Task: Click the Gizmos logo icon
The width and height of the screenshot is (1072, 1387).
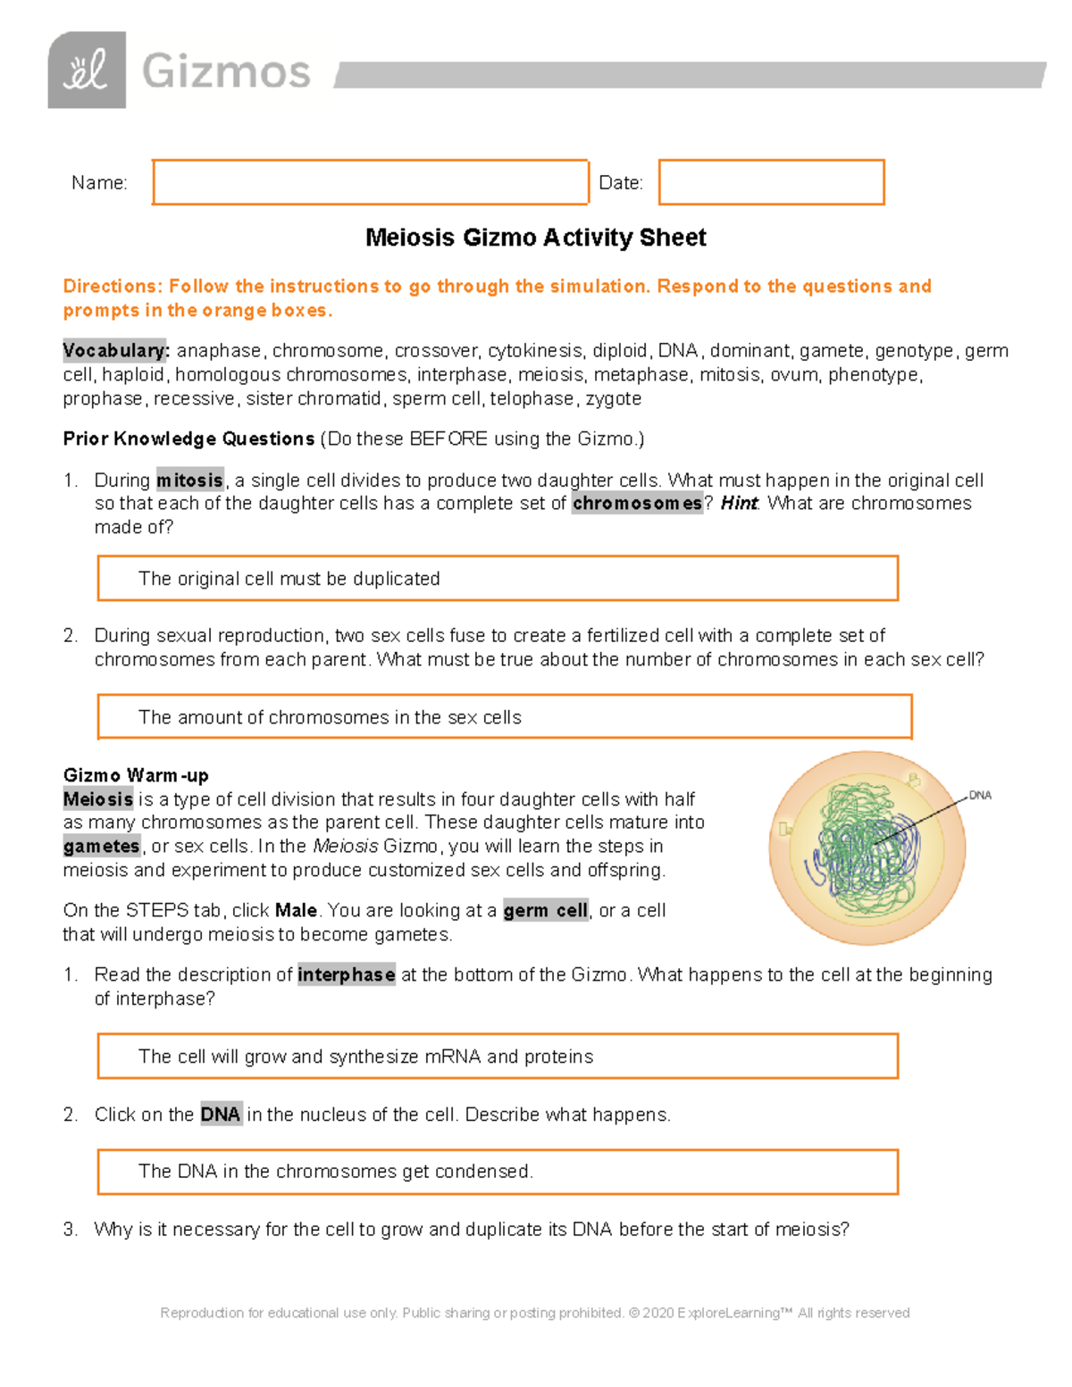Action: [87, 71]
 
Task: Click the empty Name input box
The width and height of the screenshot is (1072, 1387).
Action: [370, 182]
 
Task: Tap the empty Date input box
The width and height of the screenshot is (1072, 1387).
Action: [771, 182]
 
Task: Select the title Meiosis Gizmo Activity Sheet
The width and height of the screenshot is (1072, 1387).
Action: [535, 238]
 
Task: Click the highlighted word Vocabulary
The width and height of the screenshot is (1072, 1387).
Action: [115, 350]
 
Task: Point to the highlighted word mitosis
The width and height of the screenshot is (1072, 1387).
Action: [189, 480]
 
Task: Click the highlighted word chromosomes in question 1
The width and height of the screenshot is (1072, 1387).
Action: [637, 504]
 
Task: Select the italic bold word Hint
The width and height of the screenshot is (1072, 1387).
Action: [739, 504]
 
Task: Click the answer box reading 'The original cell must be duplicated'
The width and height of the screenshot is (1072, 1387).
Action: [497, 579]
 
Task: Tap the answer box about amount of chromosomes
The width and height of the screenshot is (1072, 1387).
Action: [504, 717]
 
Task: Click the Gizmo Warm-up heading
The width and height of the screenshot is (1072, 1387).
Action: [136, 775]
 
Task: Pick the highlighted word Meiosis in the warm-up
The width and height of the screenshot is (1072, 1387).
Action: [98, 799]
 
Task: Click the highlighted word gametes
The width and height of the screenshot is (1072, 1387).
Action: [102, 846]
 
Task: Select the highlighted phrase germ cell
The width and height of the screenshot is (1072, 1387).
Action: [545, 911]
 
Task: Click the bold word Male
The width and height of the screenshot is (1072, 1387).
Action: [296, 911]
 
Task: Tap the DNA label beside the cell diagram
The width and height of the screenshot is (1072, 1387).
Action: [980, 795]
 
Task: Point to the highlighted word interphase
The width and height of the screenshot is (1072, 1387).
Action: [346, 974]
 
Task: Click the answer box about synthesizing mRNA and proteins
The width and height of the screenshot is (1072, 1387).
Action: [497, 1057]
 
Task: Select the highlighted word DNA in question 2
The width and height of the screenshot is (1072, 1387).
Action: [220, 1115]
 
